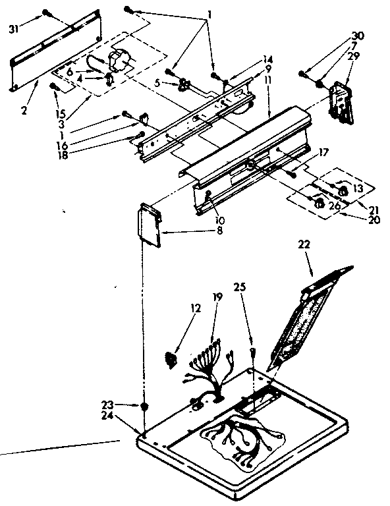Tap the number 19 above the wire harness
(x=217, y=298)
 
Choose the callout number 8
(x=173, y=232)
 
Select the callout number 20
(x=374, y=221)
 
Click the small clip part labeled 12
(x=171, y=358)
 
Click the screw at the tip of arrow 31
(x=47, y=12)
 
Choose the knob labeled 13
(x=342, y=190)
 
